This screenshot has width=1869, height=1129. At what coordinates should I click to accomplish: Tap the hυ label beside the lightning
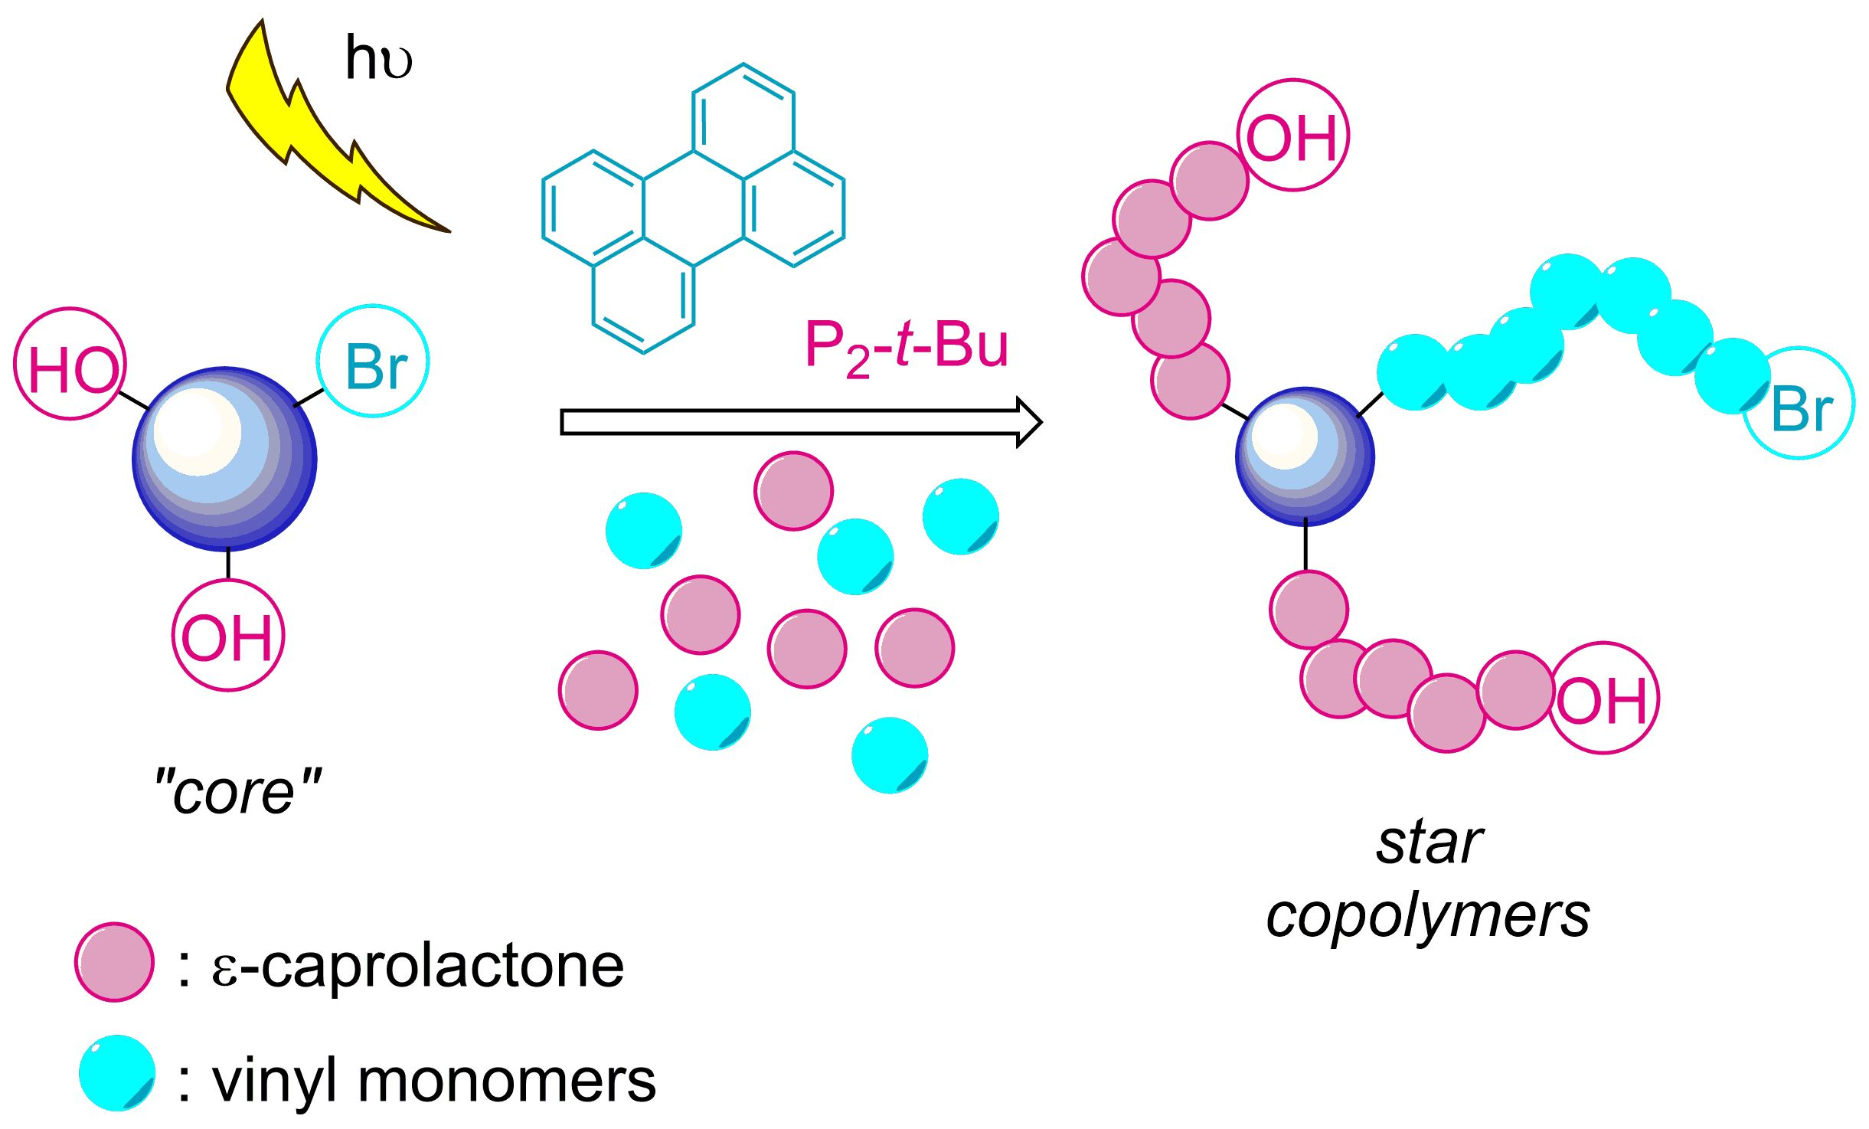378,58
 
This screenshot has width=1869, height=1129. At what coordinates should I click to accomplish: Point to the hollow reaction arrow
800,422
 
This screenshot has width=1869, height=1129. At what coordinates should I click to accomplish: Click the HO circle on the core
70,365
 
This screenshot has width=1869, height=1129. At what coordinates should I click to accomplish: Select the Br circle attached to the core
374,362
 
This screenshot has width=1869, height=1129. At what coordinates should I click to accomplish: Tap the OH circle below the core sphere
228,636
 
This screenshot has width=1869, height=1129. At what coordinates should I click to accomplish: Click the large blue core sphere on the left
224,459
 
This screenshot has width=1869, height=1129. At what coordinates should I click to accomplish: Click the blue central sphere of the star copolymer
1305,457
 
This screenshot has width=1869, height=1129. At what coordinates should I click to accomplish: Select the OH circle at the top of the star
1292,136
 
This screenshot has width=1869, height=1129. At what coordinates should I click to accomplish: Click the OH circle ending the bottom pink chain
1603,698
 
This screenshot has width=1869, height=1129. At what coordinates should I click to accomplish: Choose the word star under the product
1429,843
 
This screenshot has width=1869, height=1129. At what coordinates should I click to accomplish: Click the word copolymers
1429,916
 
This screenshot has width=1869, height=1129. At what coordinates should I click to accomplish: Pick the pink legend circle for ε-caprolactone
115,962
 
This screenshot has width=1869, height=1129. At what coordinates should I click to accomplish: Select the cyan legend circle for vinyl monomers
118,1073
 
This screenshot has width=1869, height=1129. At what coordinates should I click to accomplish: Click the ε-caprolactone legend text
418,967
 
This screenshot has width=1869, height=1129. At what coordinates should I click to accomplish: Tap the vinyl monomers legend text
433,1082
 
